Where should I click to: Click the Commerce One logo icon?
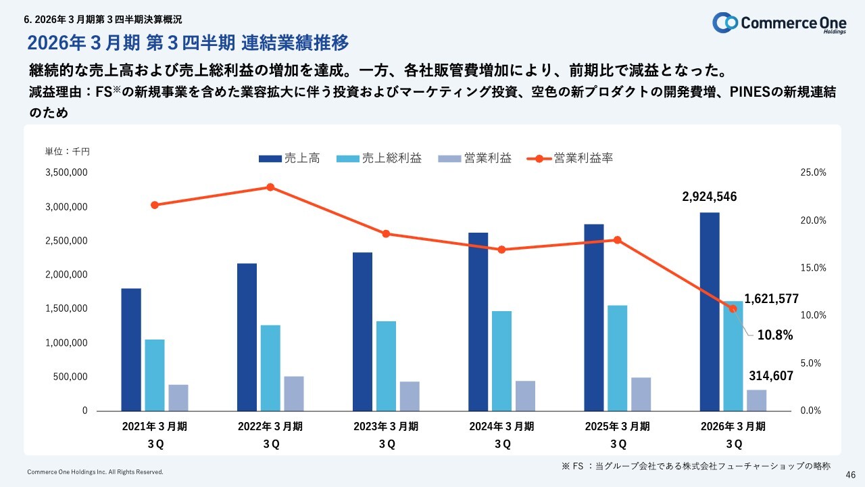[x=725, y=22]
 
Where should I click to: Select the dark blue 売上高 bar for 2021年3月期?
[x=131, y=349]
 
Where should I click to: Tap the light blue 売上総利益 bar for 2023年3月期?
[x=386, y=365]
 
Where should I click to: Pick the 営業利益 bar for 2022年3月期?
[x=294, y=393]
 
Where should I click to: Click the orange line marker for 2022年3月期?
[x=270, y=187]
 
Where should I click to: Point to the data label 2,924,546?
[x=710, y=197]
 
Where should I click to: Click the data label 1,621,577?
[x=771, y=298]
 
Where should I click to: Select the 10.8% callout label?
[x=774, y=335]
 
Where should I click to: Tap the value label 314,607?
[x=771, y=376]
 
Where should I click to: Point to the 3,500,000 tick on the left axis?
[x=66, y=172]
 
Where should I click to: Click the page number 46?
[x=851, y=475]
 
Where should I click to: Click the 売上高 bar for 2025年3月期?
[x=594, y=317]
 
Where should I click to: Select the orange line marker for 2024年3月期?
[x=501, y=250]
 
